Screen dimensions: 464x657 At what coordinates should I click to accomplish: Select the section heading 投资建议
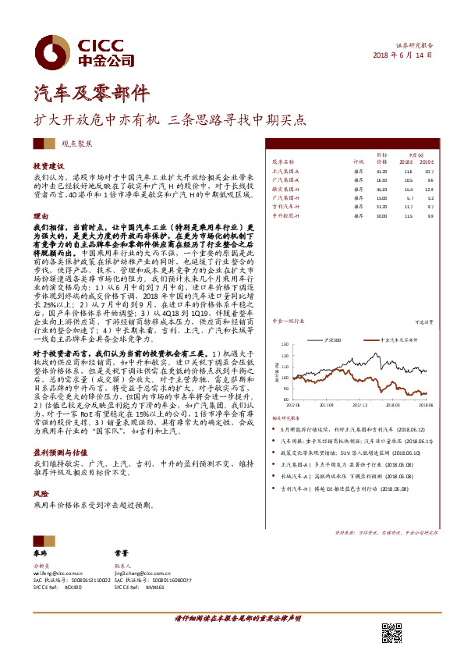click(x=48, y=166)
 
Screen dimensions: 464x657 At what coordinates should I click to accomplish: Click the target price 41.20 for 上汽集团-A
click(x=381, y=170)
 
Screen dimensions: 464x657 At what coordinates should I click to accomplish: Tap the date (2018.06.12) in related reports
click(x=411, y=429)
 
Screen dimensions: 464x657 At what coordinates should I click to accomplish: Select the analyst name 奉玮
click(x=41, y=552)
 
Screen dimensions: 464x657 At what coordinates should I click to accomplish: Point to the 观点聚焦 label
click(x=78, y=145)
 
